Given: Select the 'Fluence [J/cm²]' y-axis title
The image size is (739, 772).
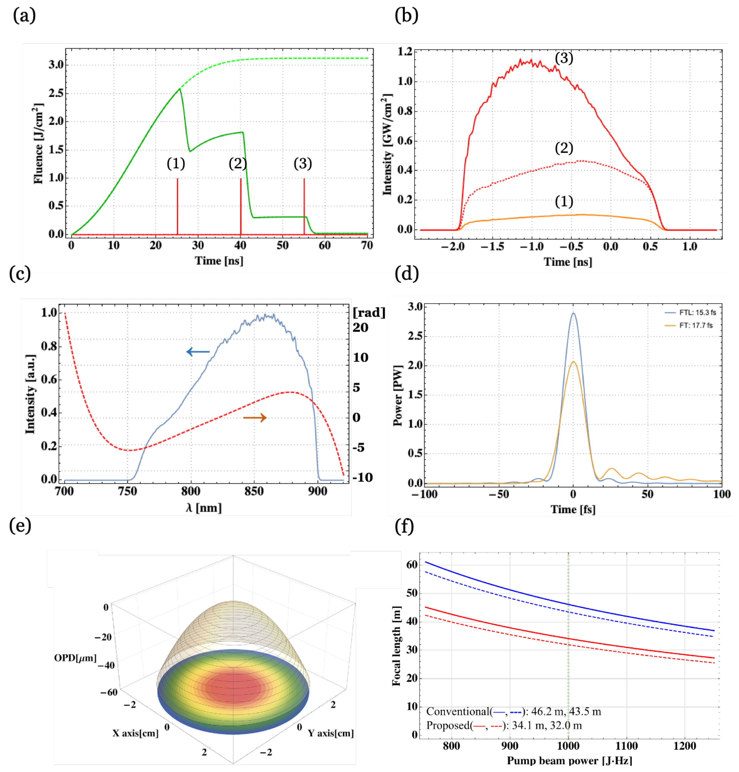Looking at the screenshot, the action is pos(38,144).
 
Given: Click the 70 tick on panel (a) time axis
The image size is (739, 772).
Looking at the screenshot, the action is pos(367,245).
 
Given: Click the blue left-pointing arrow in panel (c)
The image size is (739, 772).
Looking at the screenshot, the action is pos(198,352).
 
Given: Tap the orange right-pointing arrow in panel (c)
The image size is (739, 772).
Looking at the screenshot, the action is pos(255,418).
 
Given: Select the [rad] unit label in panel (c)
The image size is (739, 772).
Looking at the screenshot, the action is pos(369,312).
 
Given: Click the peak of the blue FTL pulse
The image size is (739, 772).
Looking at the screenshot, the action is pos(573,313).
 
